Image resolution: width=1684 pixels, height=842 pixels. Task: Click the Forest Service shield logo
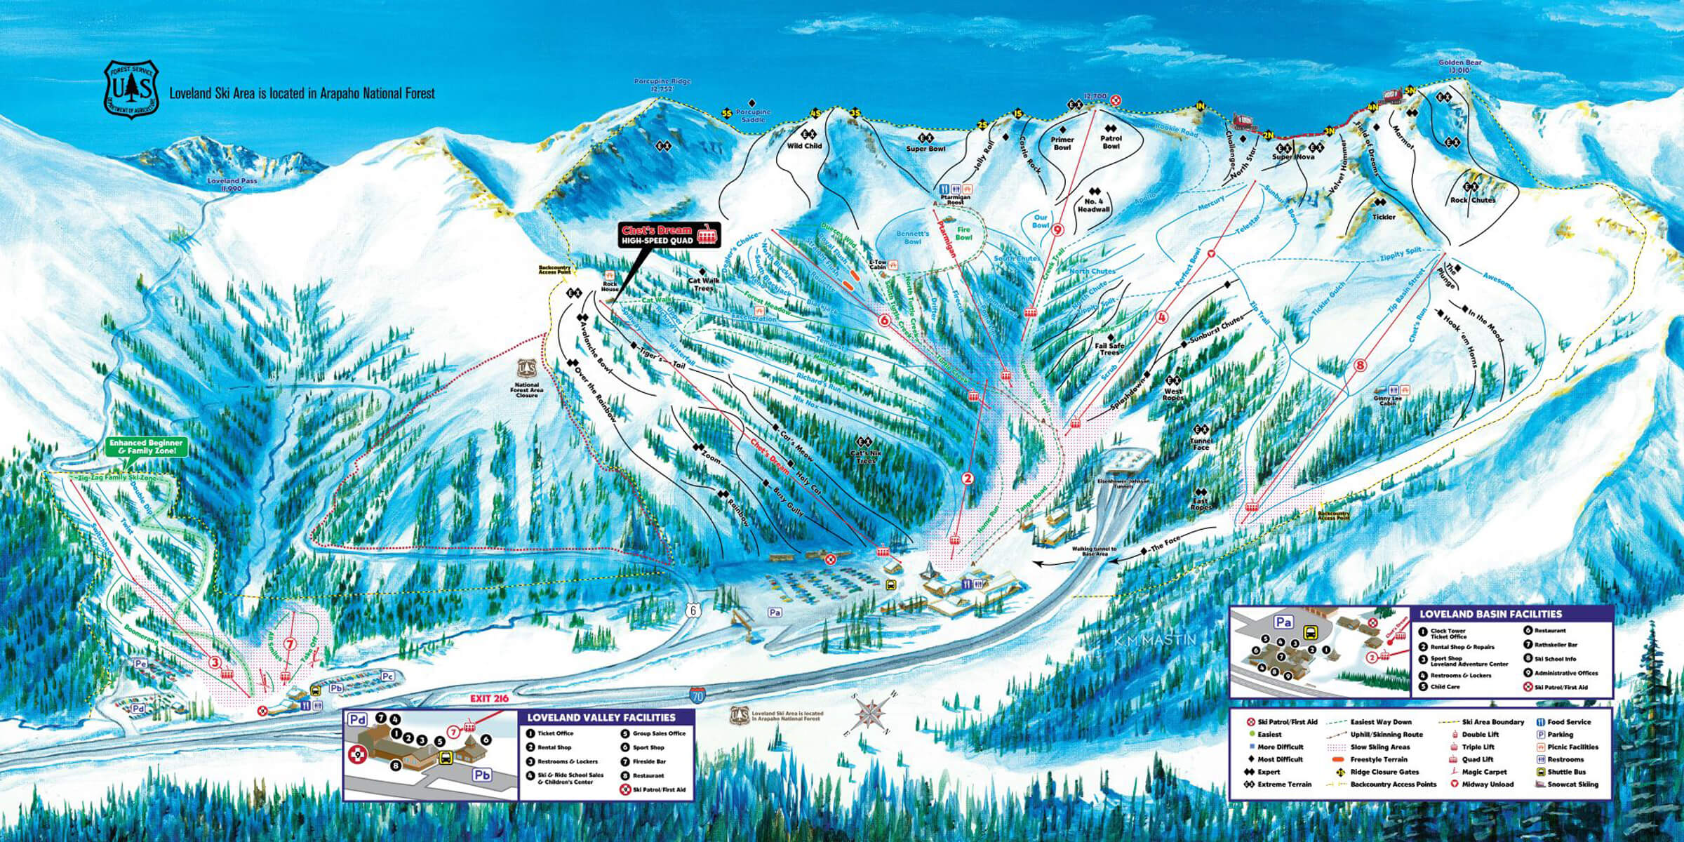(133, 90)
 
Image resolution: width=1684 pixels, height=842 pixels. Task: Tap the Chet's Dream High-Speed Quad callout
(669, 235)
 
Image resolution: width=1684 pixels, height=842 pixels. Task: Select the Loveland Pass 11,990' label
(232, 185)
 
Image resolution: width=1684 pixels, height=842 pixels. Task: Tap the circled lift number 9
(1057, 229)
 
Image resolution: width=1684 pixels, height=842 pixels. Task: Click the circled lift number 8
(1361, 365)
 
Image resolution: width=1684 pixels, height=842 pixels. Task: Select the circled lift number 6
(885, 321)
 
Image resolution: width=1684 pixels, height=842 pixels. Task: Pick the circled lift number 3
(215, 662)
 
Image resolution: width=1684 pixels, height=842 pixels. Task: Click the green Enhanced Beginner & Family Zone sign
(145, 447)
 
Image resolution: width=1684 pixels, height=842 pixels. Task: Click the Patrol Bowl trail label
(1111, 142)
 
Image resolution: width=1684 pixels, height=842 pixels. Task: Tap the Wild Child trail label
(804, 146)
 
